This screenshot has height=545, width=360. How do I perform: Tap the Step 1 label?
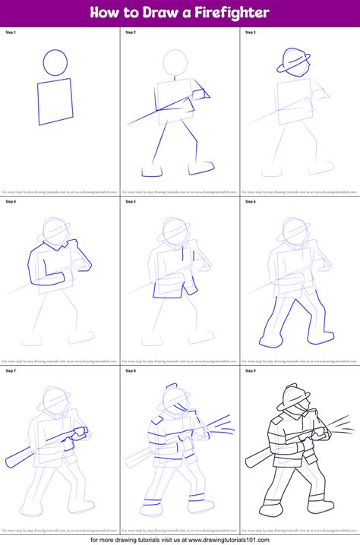10,33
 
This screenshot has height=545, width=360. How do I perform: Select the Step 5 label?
130,201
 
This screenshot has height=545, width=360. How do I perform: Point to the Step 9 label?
250,370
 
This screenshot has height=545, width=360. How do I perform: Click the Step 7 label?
10,370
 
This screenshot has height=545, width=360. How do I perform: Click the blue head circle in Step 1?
55,62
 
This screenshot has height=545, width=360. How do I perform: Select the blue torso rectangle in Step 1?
55,101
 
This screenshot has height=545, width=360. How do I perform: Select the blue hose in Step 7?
46,448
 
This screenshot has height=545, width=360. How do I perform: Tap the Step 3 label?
250,33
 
